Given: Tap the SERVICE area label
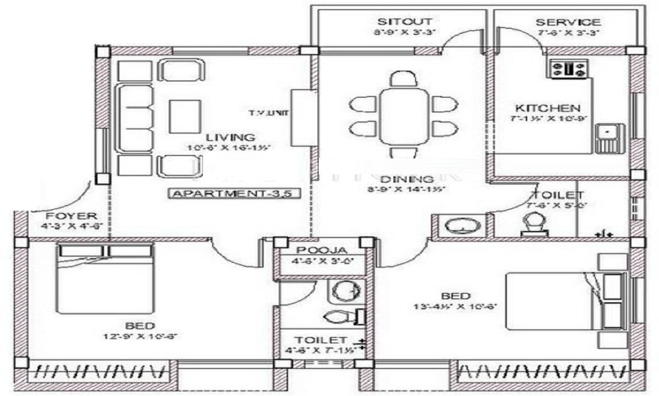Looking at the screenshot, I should click(567, 22).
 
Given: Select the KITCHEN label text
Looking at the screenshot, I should click(548, 108).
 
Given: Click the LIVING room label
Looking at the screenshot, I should click(225, 137).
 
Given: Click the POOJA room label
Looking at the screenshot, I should click(321, 250).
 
